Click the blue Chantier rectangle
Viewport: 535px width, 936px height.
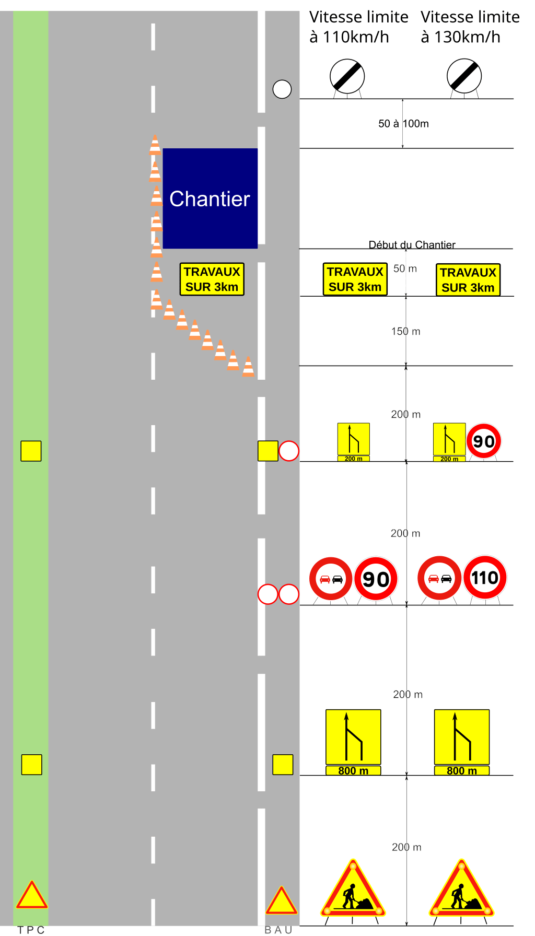coord(210,198)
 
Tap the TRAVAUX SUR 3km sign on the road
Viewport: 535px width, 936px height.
coord(212,279)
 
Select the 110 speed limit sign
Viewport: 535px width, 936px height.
coord(485,578)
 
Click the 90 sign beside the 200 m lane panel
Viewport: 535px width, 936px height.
coord(484,441)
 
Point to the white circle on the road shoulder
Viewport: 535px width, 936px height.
coord(282,89)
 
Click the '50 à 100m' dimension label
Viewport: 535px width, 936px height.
coord(403,124)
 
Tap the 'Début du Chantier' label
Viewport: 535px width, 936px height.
coord(412,244)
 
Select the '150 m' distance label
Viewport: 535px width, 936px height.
coord(405,332)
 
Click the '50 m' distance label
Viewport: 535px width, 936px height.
coord(405,269)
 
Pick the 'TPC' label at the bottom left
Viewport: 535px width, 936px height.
coord(31,930)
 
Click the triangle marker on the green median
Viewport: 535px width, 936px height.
coord(32,896)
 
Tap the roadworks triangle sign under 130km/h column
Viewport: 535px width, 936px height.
coord(461,889)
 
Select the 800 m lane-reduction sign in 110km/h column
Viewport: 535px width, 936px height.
coord(353,742)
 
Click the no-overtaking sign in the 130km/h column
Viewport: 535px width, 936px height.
coord(439,578)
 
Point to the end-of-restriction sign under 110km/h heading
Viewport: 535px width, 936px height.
coord(347,77)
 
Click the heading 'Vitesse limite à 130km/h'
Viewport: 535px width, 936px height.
coord(470,27)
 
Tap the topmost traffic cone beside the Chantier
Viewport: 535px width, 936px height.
coord(155,145)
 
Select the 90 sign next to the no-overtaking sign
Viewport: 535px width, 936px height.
coord(376,579)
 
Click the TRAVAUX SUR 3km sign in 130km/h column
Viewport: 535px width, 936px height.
coord(468,280)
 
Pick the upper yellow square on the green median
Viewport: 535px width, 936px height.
coord(31,451)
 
